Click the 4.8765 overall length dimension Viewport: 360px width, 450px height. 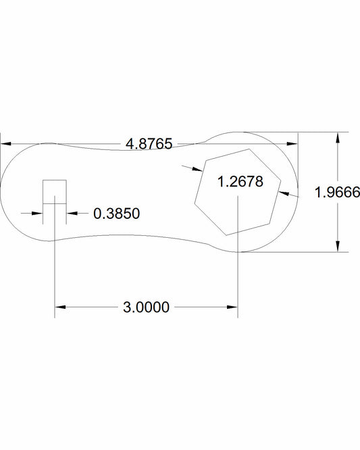tap(149, 143)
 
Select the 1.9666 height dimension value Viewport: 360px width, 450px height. tap(337, 192)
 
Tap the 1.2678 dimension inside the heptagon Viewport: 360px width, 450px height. tap(240, 181)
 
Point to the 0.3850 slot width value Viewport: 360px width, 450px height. tap(117, 214)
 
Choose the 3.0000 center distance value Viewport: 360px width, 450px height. tap(147, 307)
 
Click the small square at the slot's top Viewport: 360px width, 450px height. tap(55, 192)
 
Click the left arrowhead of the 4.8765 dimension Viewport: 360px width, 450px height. tap(5, 143)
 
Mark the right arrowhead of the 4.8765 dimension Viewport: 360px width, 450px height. tap(292, 143)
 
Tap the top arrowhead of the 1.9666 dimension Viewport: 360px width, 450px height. tap(338, 137)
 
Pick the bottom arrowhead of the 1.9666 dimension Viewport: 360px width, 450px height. tap(338, 247)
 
